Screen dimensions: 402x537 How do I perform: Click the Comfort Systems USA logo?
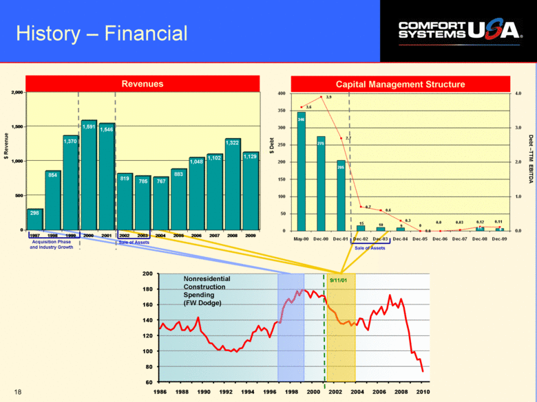460,29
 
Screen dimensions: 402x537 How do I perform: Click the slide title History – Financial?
102,33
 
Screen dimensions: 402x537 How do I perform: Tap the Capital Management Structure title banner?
399,84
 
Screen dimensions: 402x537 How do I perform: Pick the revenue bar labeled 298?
35,219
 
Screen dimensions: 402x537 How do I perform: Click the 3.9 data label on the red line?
328,98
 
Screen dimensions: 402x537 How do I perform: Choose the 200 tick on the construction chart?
147,274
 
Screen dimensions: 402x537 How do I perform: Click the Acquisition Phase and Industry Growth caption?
52,244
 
